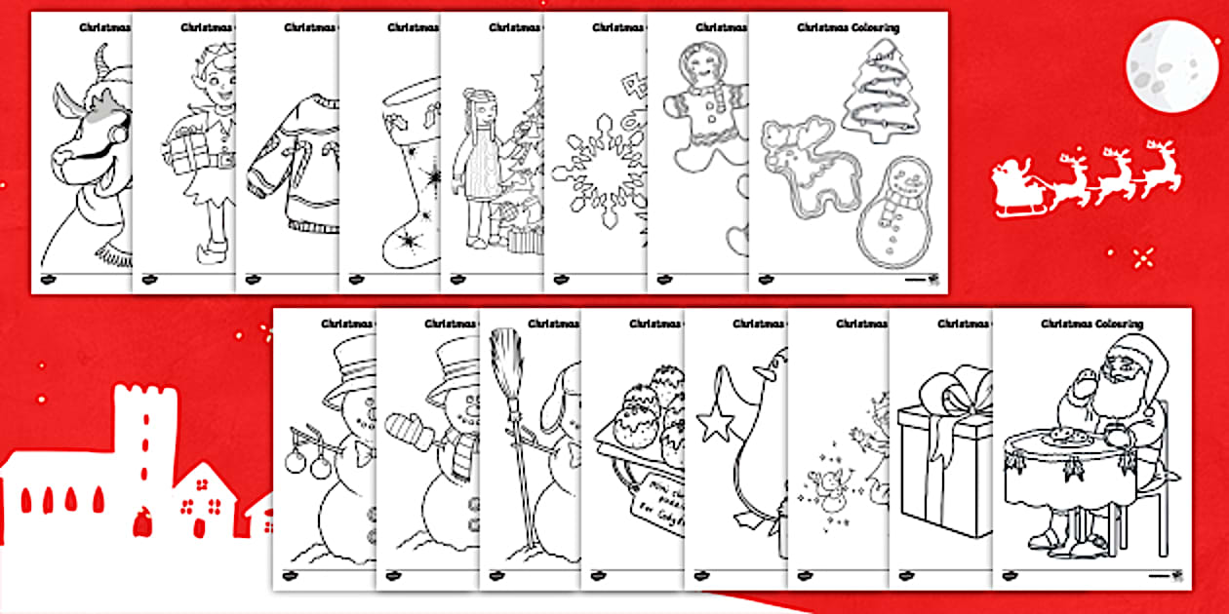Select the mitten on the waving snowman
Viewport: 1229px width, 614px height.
tap(403, 427)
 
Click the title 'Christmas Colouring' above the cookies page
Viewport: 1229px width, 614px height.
tap(848, 28)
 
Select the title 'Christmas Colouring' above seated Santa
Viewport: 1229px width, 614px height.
tap(1091, 324)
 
